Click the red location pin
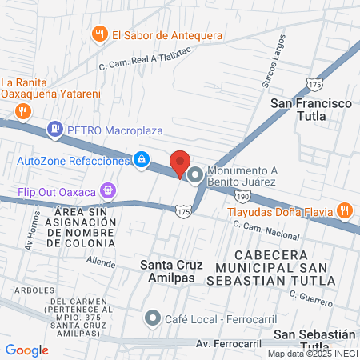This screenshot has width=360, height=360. (180, 162)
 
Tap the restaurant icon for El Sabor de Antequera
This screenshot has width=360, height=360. (100, 34)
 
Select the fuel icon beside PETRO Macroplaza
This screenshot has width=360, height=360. (54, 127)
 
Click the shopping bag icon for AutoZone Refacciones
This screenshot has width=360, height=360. (142, 160)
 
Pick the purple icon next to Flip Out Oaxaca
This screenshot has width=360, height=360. (109, 191)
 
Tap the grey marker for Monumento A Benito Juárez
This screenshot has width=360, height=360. (196, 173)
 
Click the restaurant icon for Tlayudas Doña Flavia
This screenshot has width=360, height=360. (345, 211)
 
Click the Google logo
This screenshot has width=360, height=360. (26, 350)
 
